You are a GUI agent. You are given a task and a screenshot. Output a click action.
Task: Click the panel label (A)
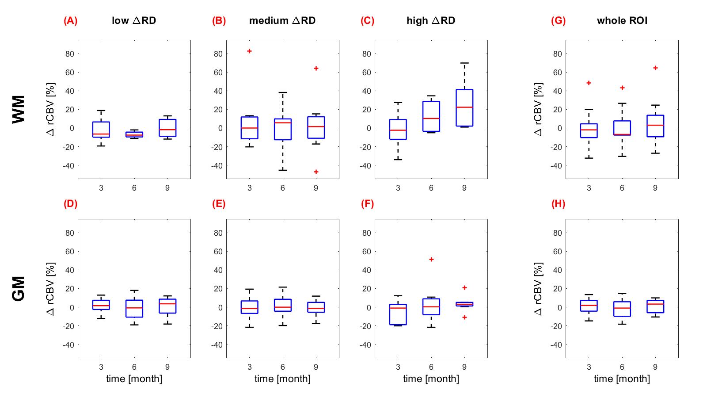click(70, 21)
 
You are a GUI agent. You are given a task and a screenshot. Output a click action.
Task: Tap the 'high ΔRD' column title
click(431, 21)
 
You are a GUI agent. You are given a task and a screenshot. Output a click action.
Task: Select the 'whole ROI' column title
click(622, 21)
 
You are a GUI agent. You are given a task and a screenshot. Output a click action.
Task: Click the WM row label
click(19, 109)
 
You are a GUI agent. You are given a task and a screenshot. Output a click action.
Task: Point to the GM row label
click(19, 288)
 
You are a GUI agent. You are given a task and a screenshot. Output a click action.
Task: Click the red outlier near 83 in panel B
click(249, 51)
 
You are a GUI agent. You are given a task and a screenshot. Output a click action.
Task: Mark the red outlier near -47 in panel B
click(316, 172)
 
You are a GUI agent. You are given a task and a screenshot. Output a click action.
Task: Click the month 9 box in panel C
click(464, 108)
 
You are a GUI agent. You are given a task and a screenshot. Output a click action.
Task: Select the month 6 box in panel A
click(134, 134)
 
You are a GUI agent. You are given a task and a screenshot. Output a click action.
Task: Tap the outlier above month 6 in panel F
click(431, 259)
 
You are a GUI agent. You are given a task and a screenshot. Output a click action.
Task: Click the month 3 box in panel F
click(398, 314)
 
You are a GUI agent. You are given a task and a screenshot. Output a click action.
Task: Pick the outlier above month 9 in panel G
click(655, 68)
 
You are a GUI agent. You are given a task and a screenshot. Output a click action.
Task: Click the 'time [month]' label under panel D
click(134, 379)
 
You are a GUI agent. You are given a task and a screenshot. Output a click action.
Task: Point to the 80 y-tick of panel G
click(557, 54)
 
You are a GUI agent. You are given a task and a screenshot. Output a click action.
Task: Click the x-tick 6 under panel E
click(283, 367)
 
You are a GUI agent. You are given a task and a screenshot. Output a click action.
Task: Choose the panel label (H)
click(558, 204)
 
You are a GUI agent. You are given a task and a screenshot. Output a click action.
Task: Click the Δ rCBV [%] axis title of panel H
click(538, 288)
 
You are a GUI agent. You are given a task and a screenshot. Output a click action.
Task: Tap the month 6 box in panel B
click(283, 129)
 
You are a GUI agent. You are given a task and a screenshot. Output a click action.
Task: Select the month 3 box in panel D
click(101, 305)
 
